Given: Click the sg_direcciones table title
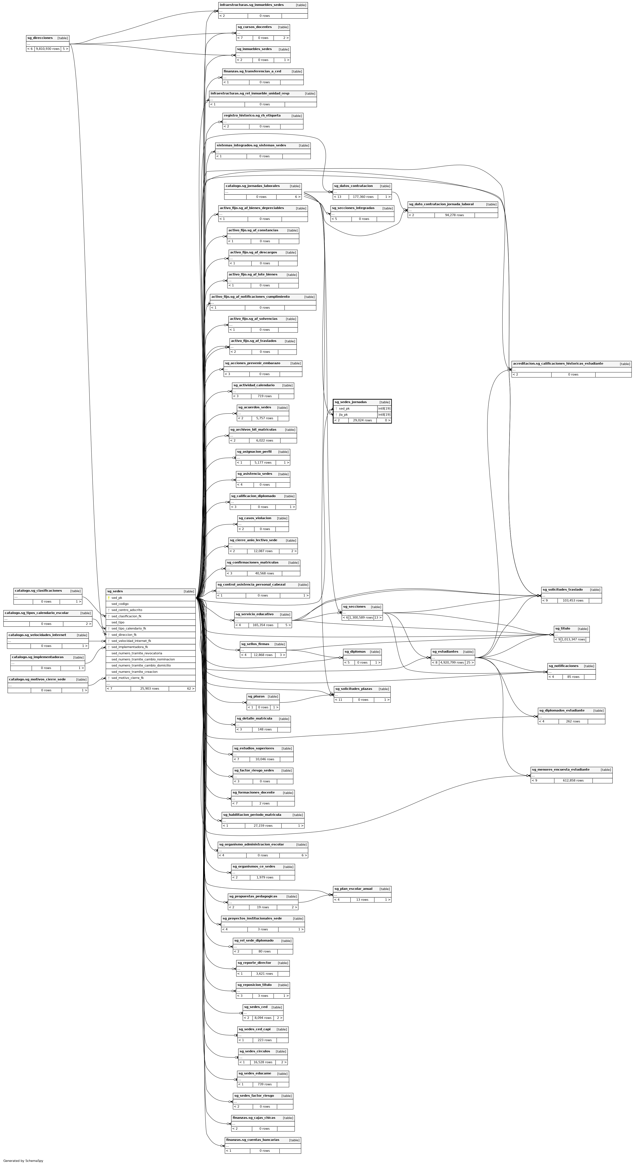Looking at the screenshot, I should (40, 38).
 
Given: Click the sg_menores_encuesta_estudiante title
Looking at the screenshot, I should (560, 769).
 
